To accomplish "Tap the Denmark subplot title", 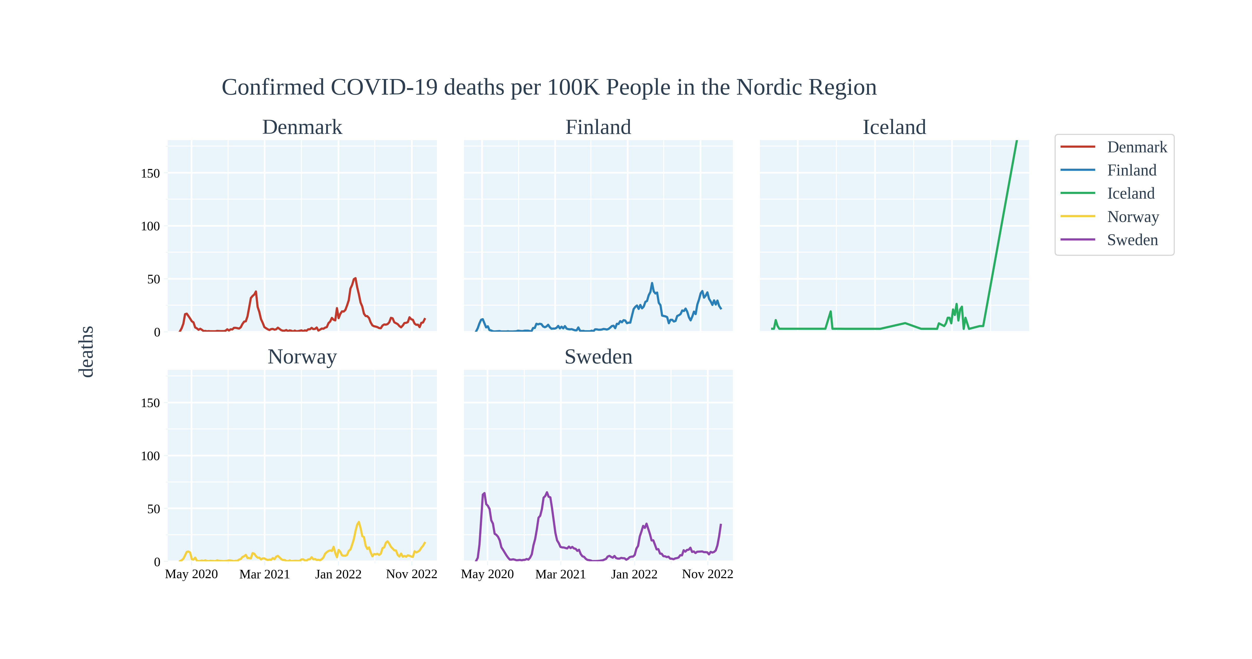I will pos(302,127).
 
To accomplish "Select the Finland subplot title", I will pos(598,127).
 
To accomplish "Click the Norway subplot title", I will pos(302,357).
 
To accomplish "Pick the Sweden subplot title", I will pos(598,357).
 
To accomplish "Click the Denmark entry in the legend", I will pos(1136,147).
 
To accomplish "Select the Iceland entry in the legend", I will pos(1131,193).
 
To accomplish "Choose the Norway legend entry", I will pos(1132,217).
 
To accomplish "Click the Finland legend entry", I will pos(1132,170).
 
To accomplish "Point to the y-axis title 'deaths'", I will pos(87,351).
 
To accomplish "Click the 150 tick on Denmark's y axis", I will pos(150,173).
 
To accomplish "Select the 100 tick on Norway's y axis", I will pos(150,456).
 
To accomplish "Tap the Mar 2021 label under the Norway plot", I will pos(264,575).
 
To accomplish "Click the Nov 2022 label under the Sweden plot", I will pos(707,575).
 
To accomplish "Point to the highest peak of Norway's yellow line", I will pos(359,523).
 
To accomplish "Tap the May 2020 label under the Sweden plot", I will pos(487,575).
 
